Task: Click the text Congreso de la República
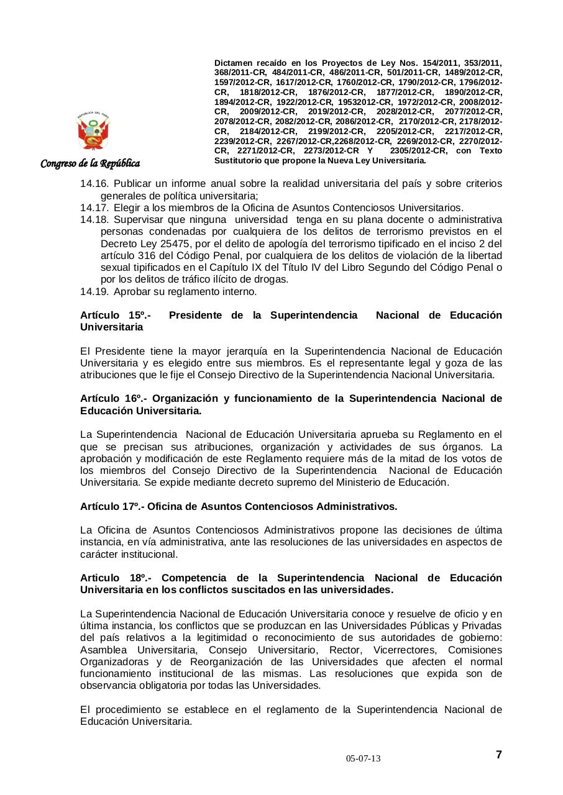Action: click(90, 163)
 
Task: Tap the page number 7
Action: click(498, 755)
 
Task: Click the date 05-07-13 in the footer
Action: click(364, 759)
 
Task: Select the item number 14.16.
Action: click(94, 184)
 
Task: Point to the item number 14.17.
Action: click(94, 208)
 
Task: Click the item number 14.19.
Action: click(94, 291)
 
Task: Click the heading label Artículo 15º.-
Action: click(116, 315)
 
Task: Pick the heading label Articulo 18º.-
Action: click(116, 578)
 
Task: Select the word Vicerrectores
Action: click(403, 650)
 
